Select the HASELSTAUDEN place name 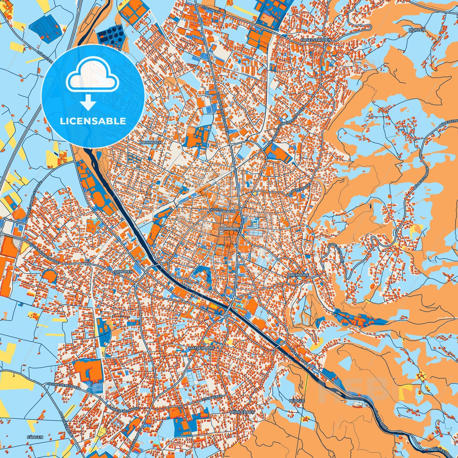(316, 40)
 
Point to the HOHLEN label (417, 29)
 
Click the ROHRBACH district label (151, 142)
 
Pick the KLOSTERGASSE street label (222, 210)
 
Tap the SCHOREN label (123, 272)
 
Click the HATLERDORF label (202, 348)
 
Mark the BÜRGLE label (297, 400)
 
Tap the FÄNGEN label (35, 437)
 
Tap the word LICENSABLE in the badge (93, 121)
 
